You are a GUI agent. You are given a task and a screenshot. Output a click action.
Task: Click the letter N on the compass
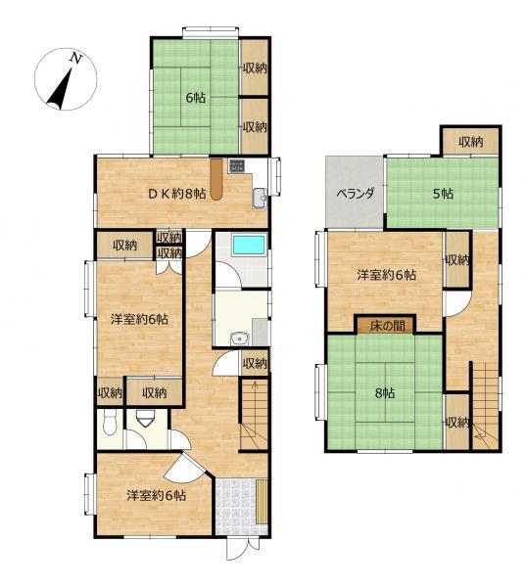[76, 59]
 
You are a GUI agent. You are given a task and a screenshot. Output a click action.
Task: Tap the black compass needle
[60, 89]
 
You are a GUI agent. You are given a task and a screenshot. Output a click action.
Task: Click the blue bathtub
[249, 246]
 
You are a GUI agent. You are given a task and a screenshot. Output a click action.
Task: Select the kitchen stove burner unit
[236, 166]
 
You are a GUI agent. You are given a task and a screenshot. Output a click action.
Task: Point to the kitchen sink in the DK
[260, 198]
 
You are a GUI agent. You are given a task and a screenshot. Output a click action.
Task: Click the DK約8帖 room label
[177, 194]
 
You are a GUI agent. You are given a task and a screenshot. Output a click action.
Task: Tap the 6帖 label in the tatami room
[195, 98]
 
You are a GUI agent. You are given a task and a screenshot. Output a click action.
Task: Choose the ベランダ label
[355, 194]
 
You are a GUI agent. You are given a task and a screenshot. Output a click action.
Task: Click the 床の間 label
[387, 326]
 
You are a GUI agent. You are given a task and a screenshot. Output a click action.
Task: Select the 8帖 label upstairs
[385, 393]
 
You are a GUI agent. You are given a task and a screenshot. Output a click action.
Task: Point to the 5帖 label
[443, 194]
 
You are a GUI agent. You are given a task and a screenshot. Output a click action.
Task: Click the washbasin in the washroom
[239, 339]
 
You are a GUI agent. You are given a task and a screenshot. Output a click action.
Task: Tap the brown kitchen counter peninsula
[216, 179]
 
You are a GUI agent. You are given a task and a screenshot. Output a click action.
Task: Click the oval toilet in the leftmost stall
[110, 423]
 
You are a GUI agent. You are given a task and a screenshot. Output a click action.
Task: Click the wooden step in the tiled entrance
[262, 502]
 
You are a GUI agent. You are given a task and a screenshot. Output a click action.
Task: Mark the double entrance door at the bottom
[243, 548]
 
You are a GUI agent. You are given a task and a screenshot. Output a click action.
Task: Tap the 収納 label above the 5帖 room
[470, 142]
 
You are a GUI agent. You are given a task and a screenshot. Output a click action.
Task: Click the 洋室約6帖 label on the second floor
[386, 275]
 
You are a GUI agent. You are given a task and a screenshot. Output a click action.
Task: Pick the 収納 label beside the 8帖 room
[457, 423]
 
